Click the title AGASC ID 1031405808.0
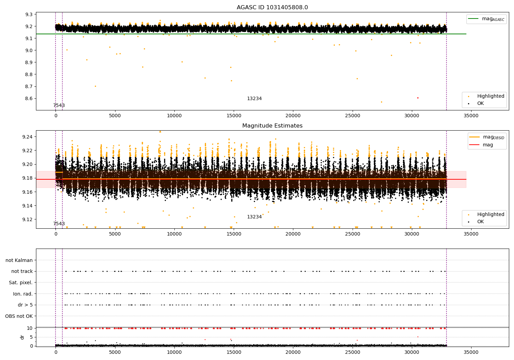click(272, 8)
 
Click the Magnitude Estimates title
click(272, 126)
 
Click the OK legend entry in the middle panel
click(480, 221)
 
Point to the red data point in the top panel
click(418, 98)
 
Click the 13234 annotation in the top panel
click(254, 99)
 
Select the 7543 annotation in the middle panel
click(59, 224)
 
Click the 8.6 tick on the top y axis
click(29, 98)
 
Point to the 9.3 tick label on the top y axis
click(29, 14)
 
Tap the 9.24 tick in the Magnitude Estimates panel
click(27, 137)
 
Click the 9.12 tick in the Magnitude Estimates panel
click(27, 219)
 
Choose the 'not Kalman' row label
click(19, 260)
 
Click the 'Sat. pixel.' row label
click(21, 283)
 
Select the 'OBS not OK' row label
click(19, 316)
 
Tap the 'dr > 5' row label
click(25, 305)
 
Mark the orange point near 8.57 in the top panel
click(381, 102)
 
